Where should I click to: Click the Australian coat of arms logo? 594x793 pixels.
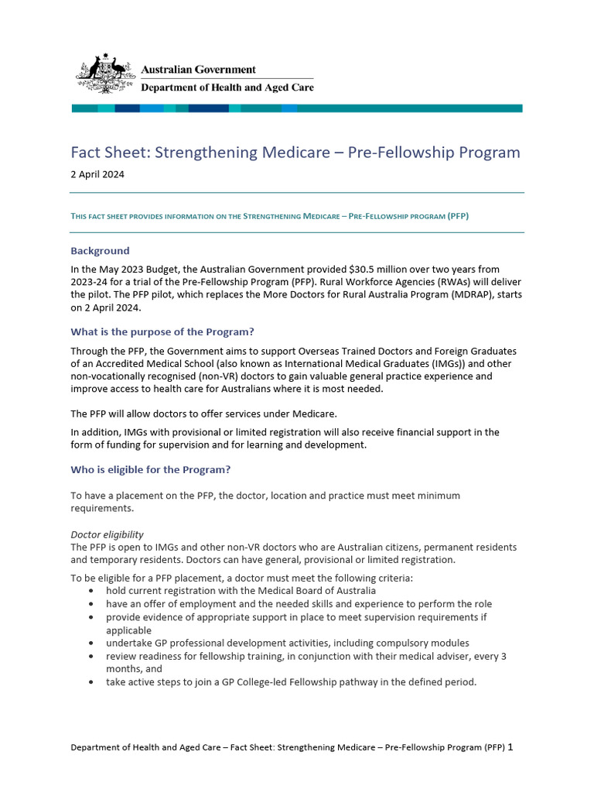pyautogui.click(x=104, y=74)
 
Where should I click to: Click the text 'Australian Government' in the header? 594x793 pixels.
pyautogui.click(x=198, y=70)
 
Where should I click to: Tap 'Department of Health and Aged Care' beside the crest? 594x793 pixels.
pyautogui.click(x=227, y=88)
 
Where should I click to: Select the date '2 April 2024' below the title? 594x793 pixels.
pyautogui.click(x=97, y=175)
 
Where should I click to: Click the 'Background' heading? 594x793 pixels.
pyautogui.click(x=100, y=251)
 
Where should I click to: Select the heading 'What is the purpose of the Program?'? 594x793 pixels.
pyautogui.click(x=162, y=332)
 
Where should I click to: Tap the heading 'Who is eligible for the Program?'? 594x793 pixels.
pyautogui.click(x=150, y=470)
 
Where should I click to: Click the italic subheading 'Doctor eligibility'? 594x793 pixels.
pyautogui.click(x=107, y=535)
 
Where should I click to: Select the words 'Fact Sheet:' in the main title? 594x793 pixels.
pyautogui.click(x=110, y=153)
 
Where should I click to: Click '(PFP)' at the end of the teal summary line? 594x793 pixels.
pyautogui.click(x=458, y=216)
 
